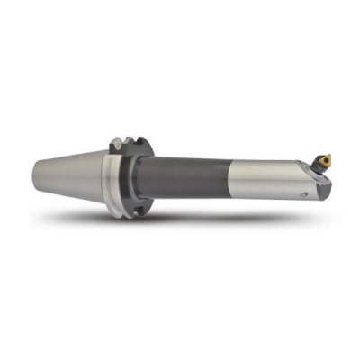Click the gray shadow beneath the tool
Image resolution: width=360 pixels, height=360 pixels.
click(x=180, y=220)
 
